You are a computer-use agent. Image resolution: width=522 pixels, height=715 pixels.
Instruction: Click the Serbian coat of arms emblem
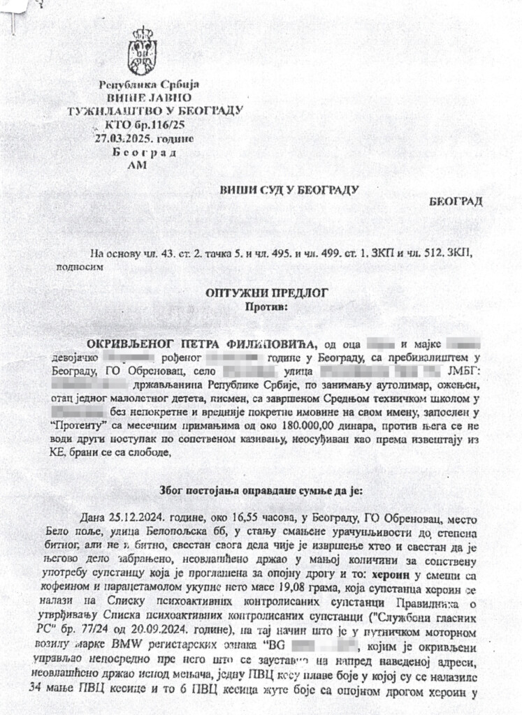click(x=141, y=51)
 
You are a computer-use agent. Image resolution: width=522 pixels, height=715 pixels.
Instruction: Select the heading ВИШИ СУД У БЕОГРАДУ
click(x=289, y=189)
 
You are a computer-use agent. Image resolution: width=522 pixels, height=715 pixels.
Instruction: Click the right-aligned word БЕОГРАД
click(x=456, y=201)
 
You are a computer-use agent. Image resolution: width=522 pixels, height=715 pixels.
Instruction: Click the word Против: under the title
click(x=266, y=306)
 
